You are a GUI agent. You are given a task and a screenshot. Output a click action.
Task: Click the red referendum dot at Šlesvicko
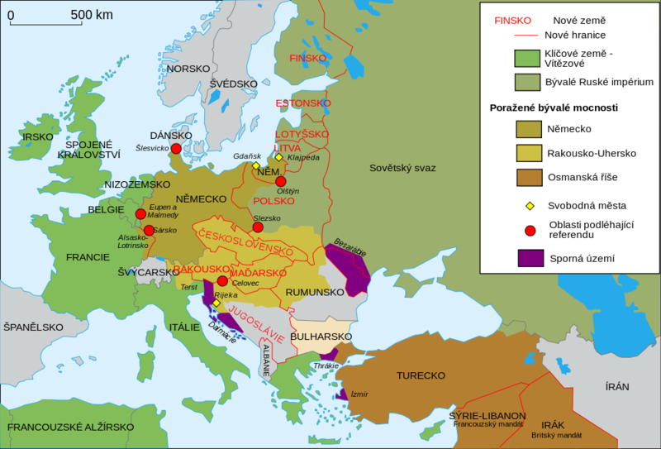point(175,149)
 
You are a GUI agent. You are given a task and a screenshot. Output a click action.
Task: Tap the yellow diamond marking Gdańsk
point(256,165)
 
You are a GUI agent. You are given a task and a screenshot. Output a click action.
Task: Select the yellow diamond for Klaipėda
point(279,157)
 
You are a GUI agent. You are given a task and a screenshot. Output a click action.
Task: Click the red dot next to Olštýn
point(281,181)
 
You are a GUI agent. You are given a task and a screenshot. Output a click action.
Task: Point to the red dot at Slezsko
point(258,227)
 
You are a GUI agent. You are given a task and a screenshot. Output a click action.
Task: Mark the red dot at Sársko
point(148,231)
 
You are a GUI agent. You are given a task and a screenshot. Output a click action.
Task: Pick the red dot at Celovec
point(222,281)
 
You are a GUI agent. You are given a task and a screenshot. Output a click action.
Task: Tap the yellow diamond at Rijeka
point(216,303)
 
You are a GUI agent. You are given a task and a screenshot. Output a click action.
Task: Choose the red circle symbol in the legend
point(530,230)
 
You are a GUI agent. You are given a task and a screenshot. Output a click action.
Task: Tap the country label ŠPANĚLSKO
point(32,327)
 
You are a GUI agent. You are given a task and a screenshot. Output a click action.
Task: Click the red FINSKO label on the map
point(308,58)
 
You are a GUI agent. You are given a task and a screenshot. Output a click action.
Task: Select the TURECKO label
point(421,375)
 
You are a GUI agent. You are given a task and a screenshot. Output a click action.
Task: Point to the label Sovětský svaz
point(402,168)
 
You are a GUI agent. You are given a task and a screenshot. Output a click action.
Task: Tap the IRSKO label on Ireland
point(38,136)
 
